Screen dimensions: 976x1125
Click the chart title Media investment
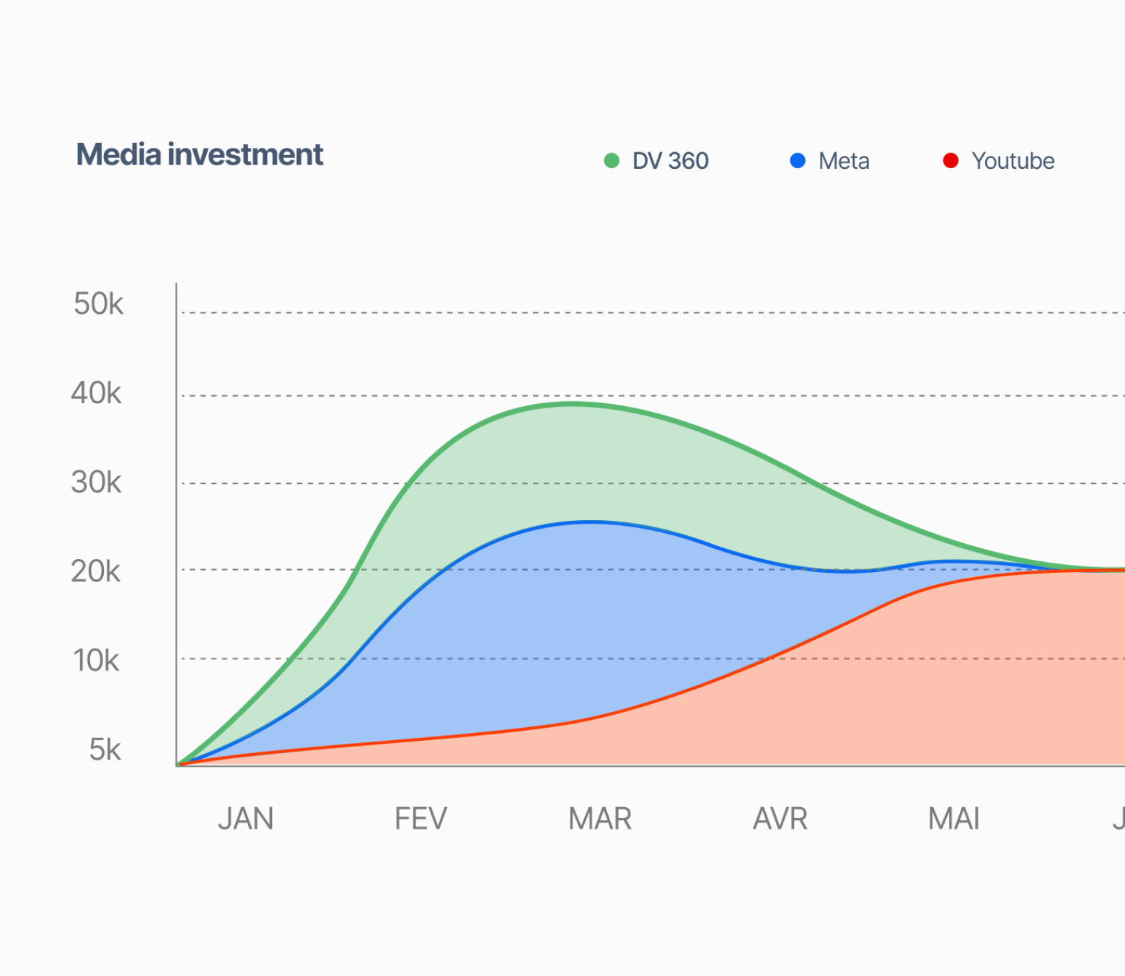coord(200,155)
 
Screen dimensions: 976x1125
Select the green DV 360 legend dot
coord(612,161)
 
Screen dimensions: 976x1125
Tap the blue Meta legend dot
coord(798,161)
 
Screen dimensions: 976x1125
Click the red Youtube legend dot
coord(950,161)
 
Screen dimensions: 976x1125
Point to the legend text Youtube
coord(1012,161)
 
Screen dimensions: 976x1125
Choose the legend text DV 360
coord(670,161)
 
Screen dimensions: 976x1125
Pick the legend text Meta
coord(844,161)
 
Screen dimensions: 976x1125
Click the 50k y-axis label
coord(99,304)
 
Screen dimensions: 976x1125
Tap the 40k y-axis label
coord(97,393)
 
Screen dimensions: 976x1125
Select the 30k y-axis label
coord(97,482)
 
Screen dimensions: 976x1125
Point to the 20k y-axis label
coord(96,571)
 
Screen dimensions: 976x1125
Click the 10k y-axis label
coord(96,660)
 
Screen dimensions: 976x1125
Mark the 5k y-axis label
coord(105,749)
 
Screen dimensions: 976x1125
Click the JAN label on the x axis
coord(246,819)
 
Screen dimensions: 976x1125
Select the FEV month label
coord(420,819)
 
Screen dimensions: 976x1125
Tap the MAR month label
coord(600,819)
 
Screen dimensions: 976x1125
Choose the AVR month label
coord(780,819)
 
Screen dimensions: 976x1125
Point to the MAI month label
coord(954,819)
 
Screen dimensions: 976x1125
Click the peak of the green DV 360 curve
coord(573,404)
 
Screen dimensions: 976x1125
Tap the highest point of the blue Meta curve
coord(590,522)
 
